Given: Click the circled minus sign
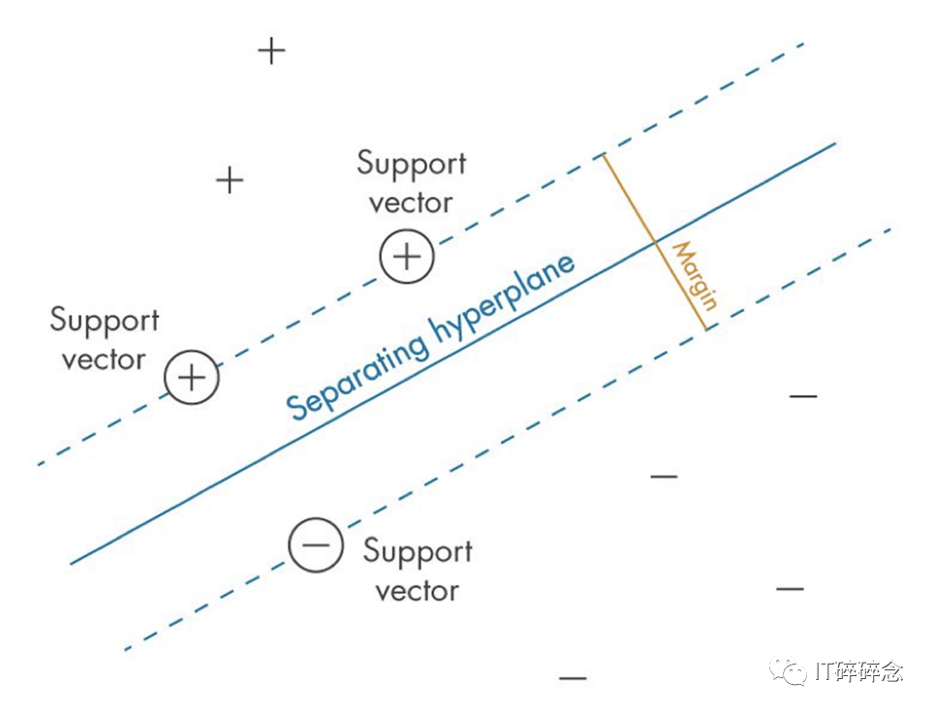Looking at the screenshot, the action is click(x=316, y=544).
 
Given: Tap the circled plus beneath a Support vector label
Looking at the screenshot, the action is click(x=408, y=257).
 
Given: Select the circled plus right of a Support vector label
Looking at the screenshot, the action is click(x=192, y=377).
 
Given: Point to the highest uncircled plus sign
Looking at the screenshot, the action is click(x=271, y=50).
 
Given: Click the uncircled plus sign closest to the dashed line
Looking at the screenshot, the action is click(x=230, y=179).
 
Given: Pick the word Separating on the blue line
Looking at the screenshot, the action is click(x=358, y=375).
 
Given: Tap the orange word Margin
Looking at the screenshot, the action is click(x=695, y=276).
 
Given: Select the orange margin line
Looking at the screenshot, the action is click(x=655, y=241).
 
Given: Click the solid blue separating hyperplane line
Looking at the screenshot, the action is click(x=452, y=354).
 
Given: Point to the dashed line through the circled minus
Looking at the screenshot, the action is click(x=508, y=439).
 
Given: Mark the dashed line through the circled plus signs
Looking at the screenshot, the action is click(x=421, y=254).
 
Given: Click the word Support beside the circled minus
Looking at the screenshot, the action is click(x=418, y=552).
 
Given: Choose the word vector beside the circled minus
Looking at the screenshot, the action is click(x=417, y=591).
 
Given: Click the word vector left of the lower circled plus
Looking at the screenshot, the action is click(x=104, y=359).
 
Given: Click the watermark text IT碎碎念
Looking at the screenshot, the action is click(x=858, y=672).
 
